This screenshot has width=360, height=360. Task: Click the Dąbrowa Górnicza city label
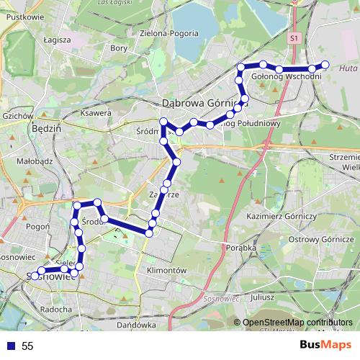point(204,102)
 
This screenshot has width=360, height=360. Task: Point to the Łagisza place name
point(56,40)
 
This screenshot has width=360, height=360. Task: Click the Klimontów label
point(166,270)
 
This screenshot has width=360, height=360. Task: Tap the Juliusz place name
point(262,297)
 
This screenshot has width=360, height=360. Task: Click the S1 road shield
point(294,38)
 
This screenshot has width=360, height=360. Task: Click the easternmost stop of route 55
point(325,65)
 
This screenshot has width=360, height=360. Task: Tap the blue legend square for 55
point(10,346)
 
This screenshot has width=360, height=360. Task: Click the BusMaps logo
point(326,346)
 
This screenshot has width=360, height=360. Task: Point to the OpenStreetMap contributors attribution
point(297,322)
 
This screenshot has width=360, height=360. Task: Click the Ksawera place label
point(96,113)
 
